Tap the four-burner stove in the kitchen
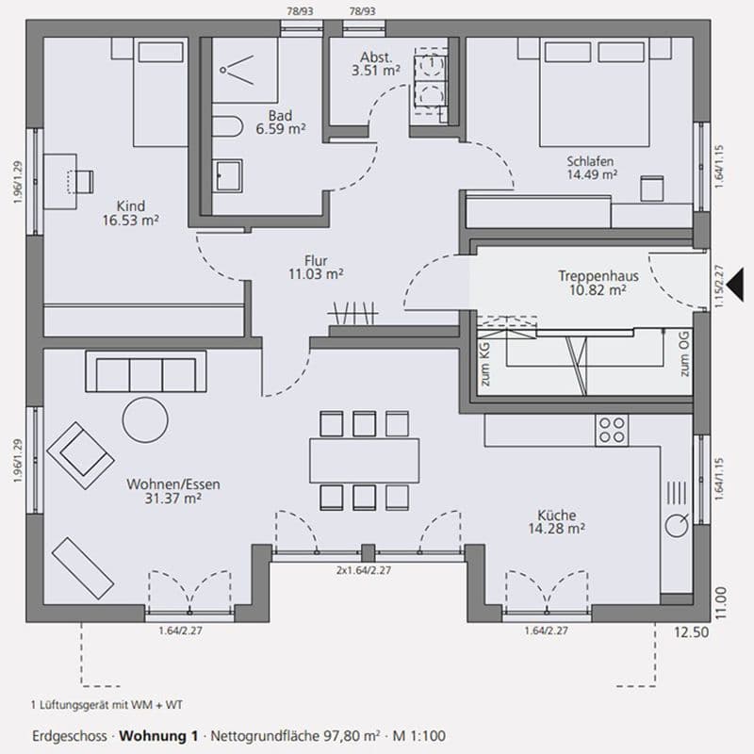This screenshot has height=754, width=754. pyautogui.click(x=612, y=431)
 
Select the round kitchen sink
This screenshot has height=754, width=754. pyautogui.click(x=677, y=527)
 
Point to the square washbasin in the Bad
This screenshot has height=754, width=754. pyautogui.click(x=227, y=174)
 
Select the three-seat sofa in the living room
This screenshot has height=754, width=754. pyautogui.click(x=145, y=372)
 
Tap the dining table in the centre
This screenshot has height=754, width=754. pyautogui.click(x=364, y=460)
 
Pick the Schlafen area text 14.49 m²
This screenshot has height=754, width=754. pyautogui.click(x=591, y=173)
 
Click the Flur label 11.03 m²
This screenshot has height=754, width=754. pyautogui.click(x=316, y=273)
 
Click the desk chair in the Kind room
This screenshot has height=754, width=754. pyautogui.click(x=84, y=178)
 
